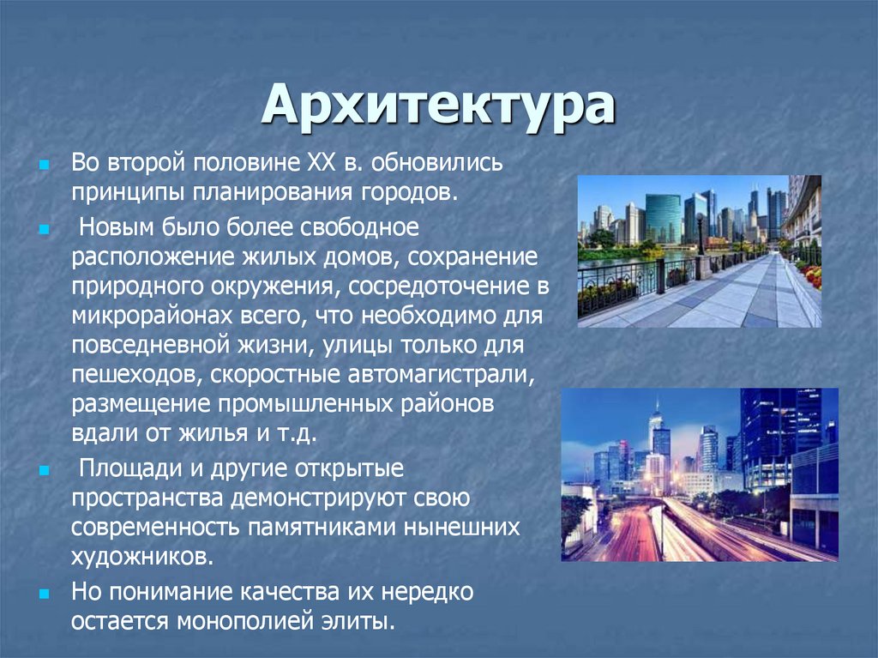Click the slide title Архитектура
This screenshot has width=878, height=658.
click(x=438, y=106)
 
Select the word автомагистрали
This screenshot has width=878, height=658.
click(x=443, y=375)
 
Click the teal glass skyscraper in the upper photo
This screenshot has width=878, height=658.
click(x=663, y=217)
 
